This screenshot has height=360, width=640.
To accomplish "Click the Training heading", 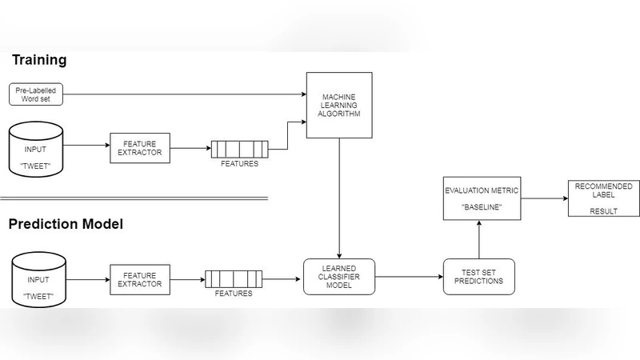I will click(38, 60).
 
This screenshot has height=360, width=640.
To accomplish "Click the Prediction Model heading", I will click(66, 224).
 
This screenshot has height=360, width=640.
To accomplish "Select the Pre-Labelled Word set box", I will click(36, 94).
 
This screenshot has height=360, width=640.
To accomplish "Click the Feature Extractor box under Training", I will click(141, 147).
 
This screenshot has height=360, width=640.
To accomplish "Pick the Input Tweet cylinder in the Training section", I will click(36, 148).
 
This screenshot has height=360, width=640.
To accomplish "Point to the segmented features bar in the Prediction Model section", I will click(234, 279).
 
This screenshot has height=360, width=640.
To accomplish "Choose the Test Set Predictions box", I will click(479, 276).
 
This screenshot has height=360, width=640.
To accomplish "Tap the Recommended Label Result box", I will click(604, 198).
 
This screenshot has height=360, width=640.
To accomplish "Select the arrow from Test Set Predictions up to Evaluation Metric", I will click(478, 238).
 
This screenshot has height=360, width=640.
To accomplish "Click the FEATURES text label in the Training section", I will click(240, 164).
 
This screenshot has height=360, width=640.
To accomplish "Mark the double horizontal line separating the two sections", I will click(133, 198).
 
